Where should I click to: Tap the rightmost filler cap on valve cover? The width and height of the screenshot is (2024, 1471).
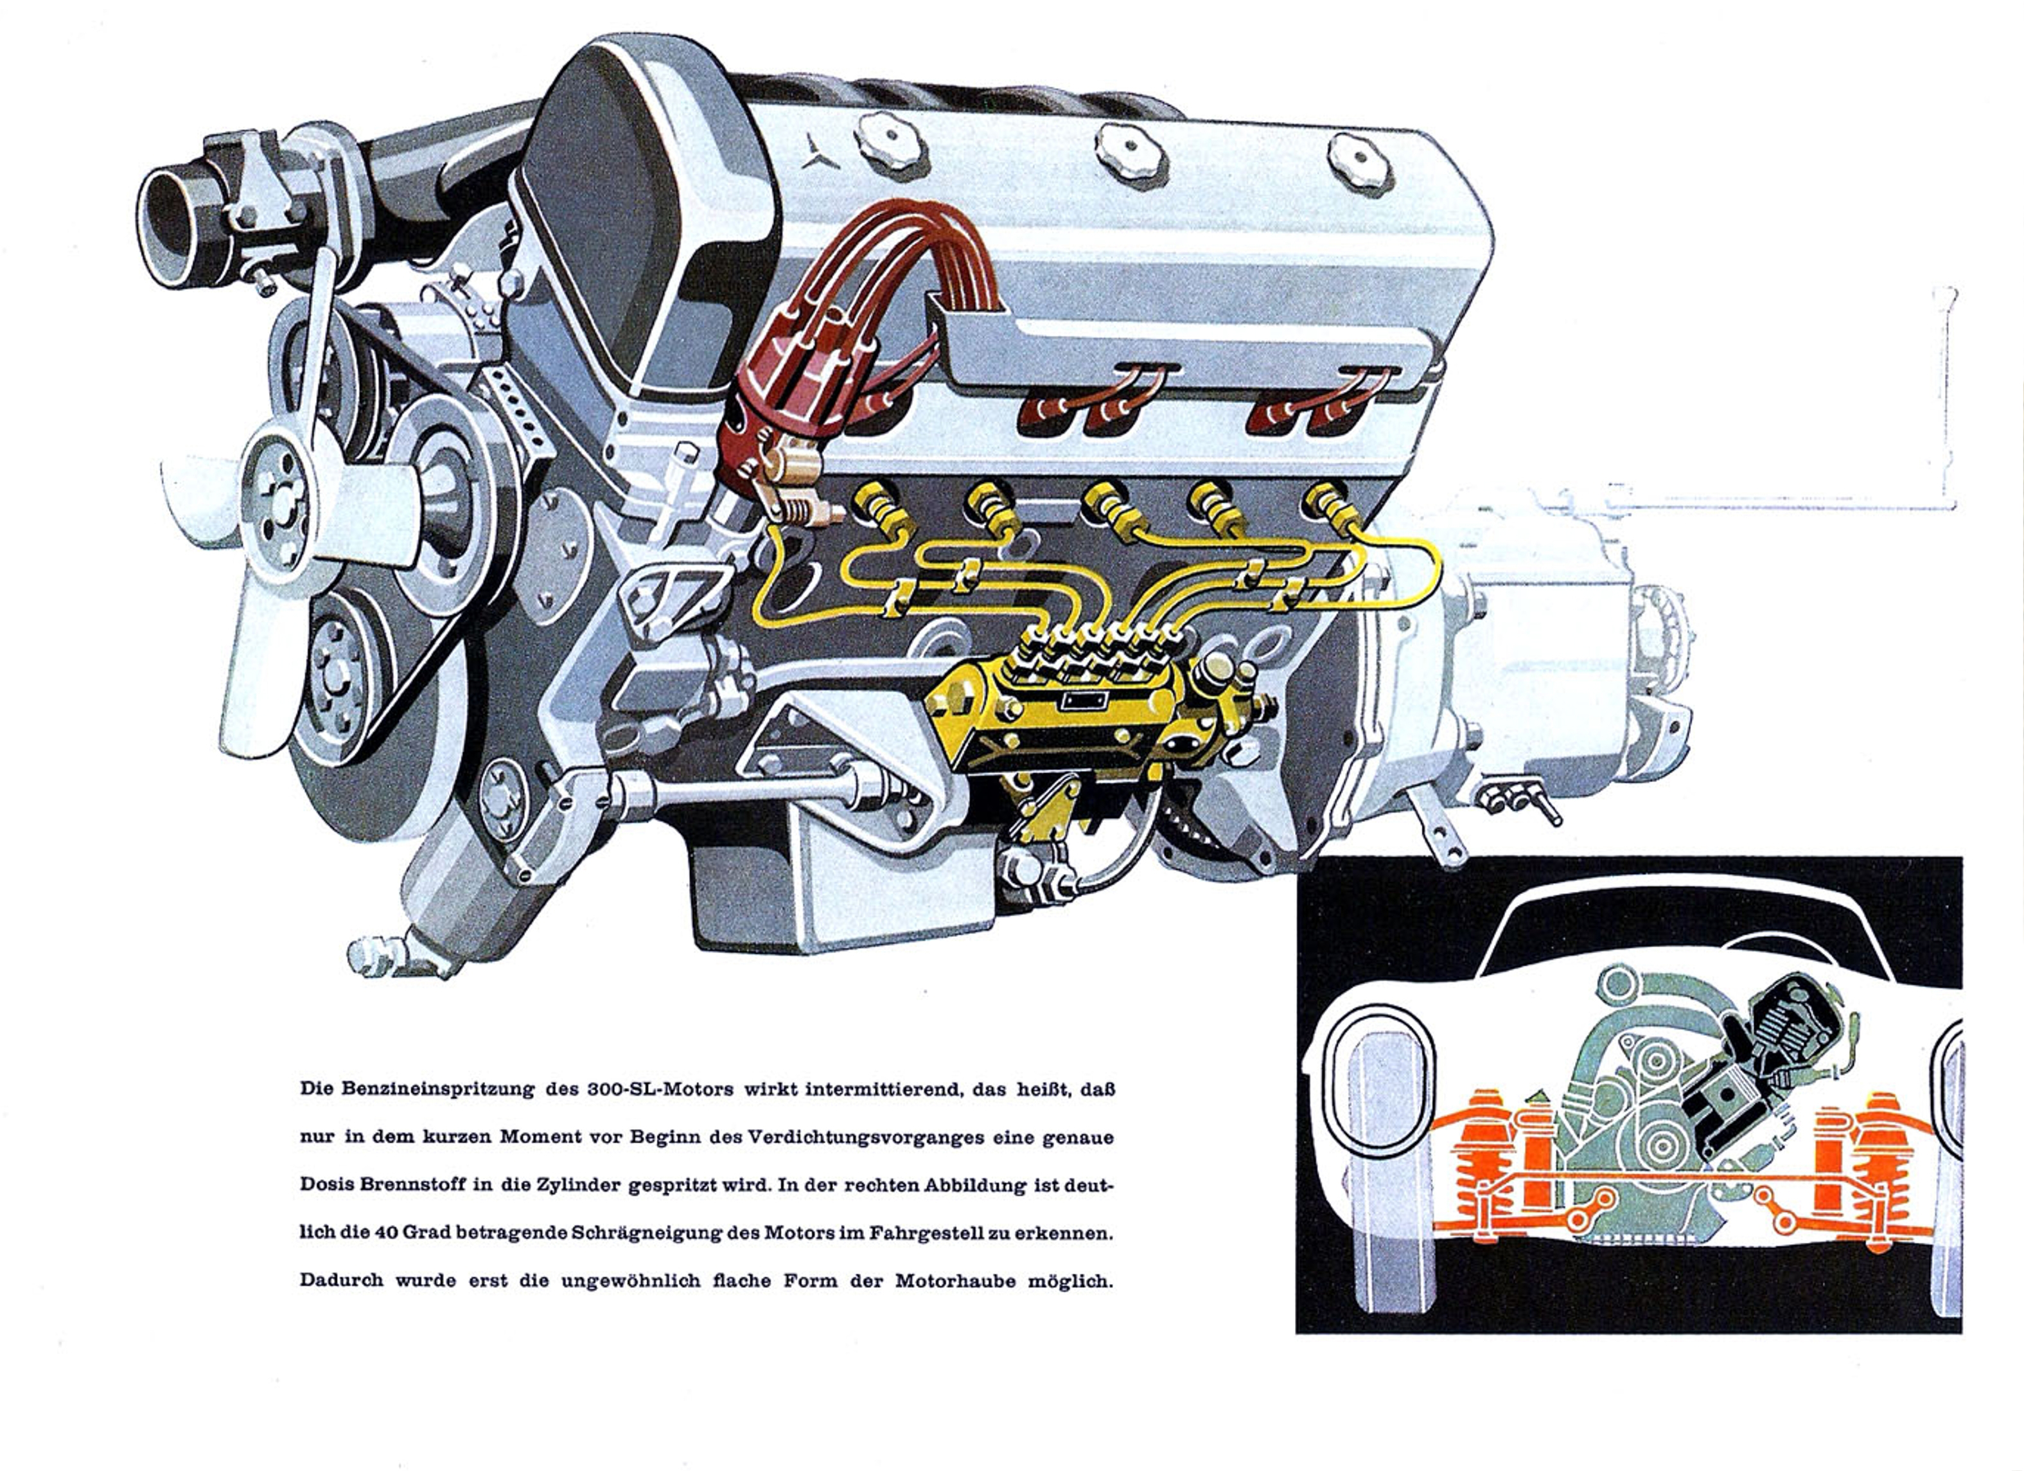tap(1360, 163)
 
